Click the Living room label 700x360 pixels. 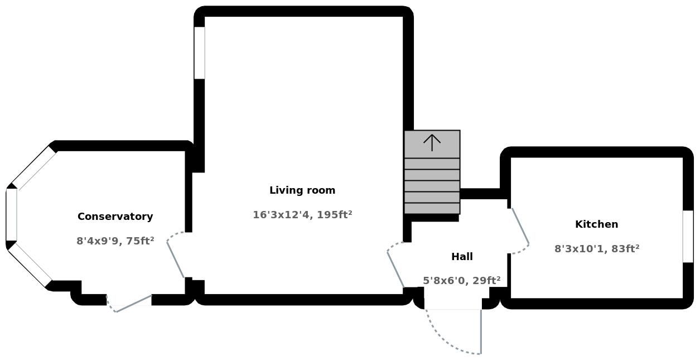click(x=302, y=190)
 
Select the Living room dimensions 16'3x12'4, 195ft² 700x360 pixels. click(x=302, y=215)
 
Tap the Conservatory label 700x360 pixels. click(x=115, y=217)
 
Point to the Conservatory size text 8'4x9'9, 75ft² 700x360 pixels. click(x=115, y=241)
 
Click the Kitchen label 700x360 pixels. click(x=596, y=224)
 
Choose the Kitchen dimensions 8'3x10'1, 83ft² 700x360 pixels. click(x=596, y=249)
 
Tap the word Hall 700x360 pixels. click(x=462, y=257)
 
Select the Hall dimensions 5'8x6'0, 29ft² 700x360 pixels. click(x=461, y=281)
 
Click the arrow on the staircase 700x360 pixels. click(x=432, y=143)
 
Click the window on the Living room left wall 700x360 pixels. click(x=199, y=52)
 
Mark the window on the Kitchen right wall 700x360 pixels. click(x=688, y=236)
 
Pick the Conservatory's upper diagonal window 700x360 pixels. click(x=33, y=167)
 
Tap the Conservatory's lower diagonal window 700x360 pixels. click(x=30, y=265)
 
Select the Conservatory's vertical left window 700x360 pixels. click(x=11, y=215)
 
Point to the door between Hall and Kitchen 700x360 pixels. click(x=520, y=226)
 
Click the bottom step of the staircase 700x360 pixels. click(x=432, y=208)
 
